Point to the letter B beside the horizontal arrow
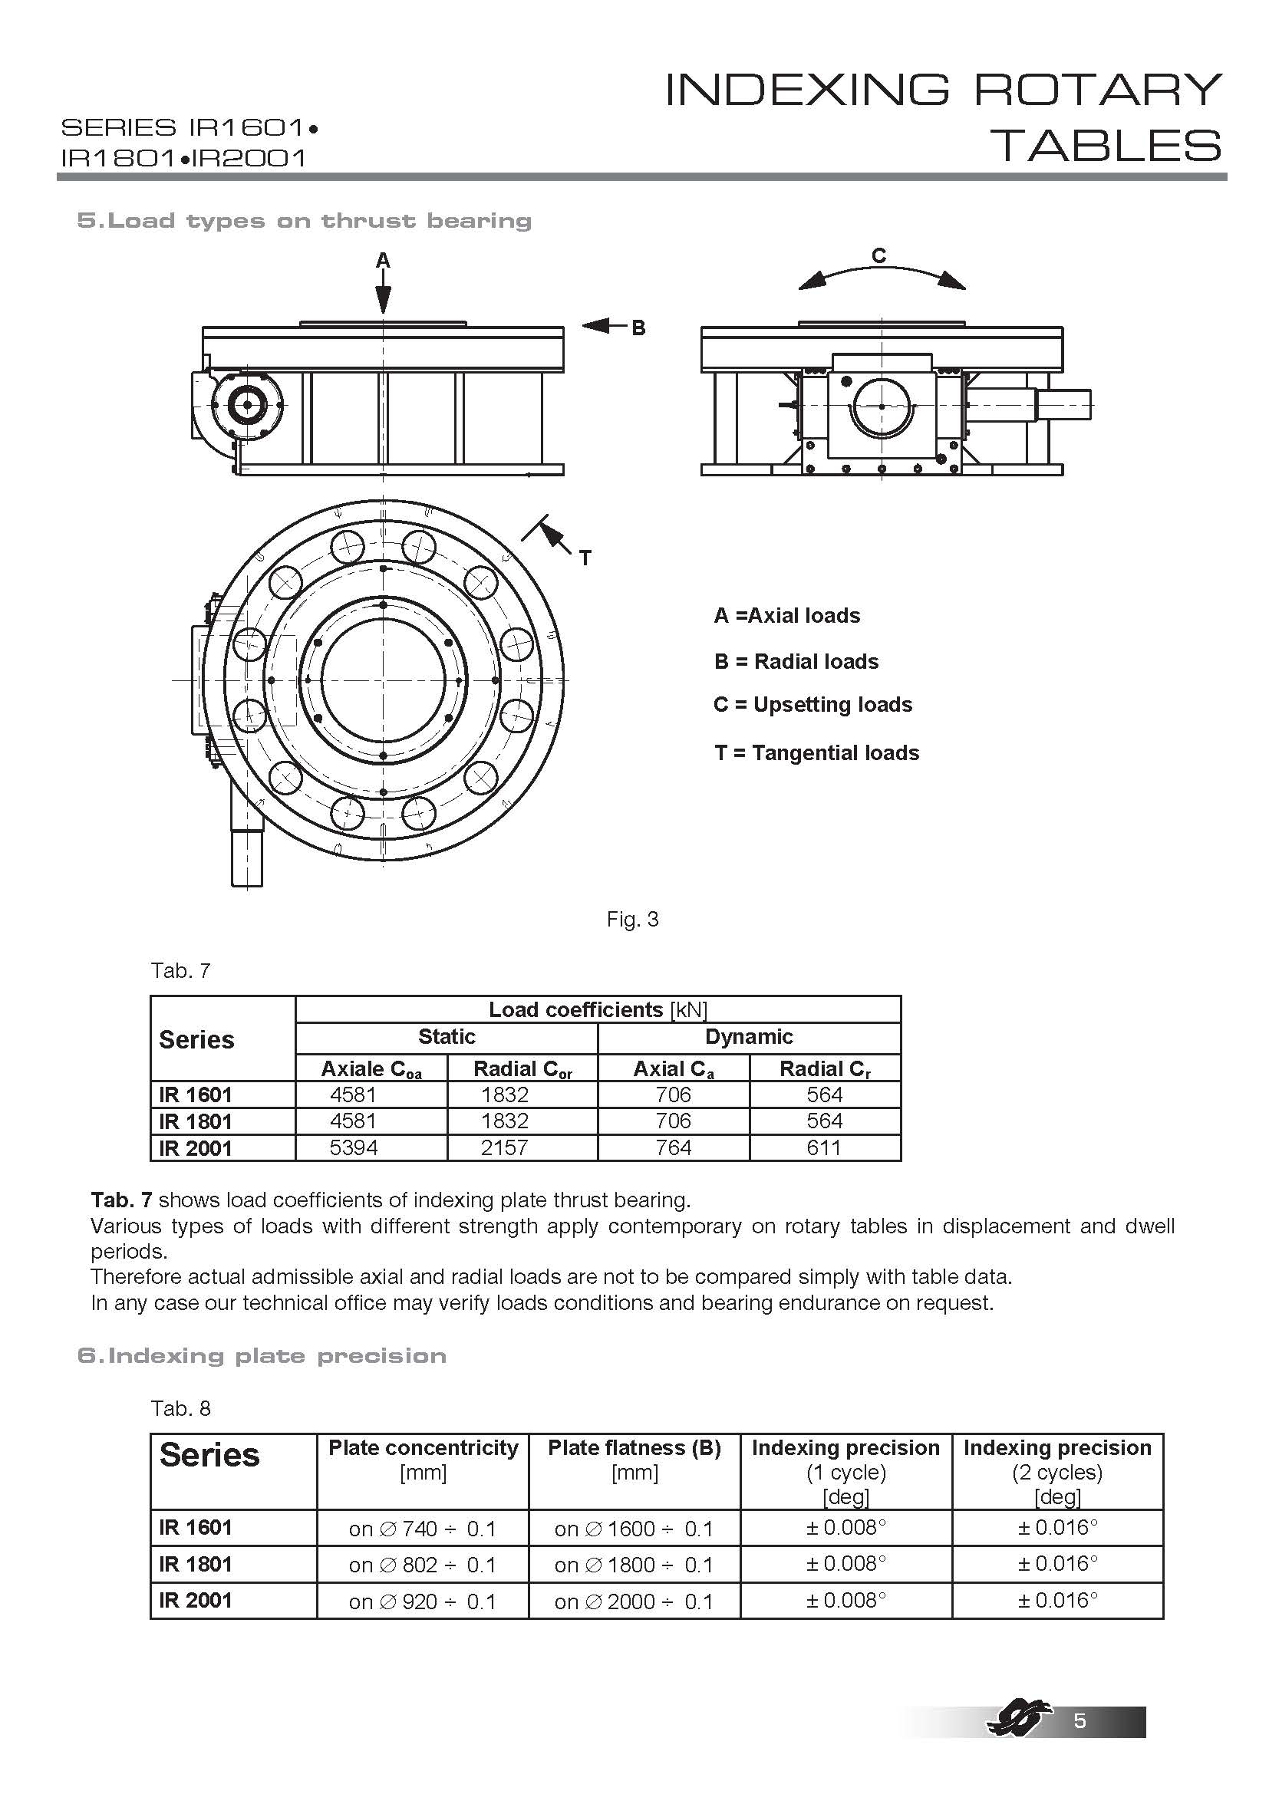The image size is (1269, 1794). click(x=638, y=328)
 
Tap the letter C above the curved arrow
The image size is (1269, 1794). click(x=879, y=255)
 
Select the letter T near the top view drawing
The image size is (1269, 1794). click(x=585, y=558)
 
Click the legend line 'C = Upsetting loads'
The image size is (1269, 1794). click(x=812, y=705)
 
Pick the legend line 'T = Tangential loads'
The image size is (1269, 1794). click(x=816, y=753)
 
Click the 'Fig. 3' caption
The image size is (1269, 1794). click(x=632, y=920)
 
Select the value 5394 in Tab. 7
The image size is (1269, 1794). click(x=354, y=1148)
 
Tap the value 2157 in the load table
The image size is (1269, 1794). click(x=505, y=1148)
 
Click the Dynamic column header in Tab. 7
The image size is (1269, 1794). click(x=749, y=1037)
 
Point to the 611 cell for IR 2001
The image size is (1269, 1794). click(x=824, y=1148)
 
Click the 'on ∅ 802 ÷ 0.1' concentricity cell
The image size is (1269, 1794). click(x=423, y=1565)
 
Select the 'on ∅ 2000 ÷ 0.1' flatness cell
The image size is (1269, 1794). click(x=634, y=1601)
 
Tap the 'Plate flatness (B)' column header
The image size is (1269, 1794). click(x=634, y=1448)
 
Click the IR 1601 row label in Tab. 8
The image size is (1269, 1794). click(x=196, y=1528)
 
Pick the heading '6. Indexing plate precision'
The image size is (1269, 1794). click(x=262, y=1355)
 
